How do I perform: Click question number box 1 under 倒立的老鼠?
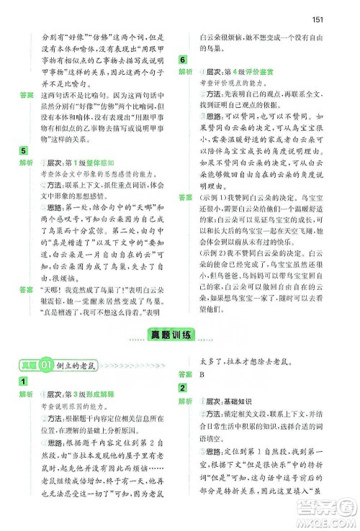tap(24, 381)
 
